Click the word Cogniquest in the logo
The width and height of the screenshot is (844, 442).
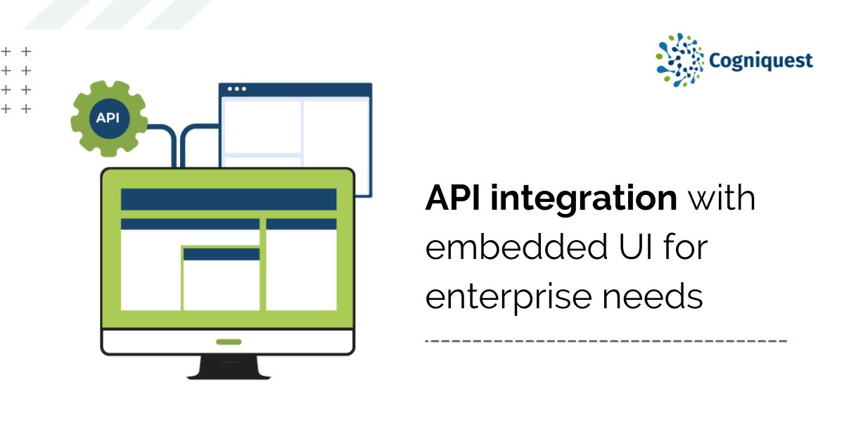pyautogui.click(x=761, y=61)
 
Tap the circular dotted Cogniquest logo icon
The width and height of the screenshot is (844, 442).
pyautogui.click(x=679, y=61)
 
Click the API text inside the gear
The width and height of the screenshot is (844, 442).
pyautogui.click(x=108, y=118)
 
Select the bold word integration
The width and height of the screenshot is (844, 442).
pyautogui.click(x=584, y=198)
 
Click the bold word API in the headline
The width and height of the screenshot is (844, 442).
pyautogui.click(x=452, y=197)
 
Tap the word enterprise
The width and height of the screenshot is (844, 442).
pyautogui.click(x=508, y=298)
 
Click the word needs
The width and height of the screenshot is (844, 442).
pyautogui.click(x=653, y=296)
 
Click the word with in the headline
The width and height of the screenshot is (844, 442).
pyautogui.click(x=722, y=197)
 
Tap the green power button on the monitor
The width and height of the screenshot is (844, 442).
pyautogui.click(x=229, y=342)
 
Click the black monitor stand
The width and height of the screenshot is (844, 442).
pyautogui.click(x=229, y=367)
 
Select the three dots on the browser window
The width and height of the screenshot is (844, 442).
pyautogui.click(x=237, y=89)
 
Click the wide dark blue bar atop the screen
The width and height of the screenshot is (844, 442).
pyautogui.click(x=229, y=199)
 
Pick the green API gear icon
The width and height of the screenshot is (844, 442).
pyautogui.click(x=109, y=118)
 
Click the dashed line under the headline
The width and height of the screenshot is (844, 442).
pyautogui.click(x=606, y=341)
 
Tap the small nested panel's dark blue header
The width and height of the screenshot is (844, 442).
pyautogui.click(x=222, y=254)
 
